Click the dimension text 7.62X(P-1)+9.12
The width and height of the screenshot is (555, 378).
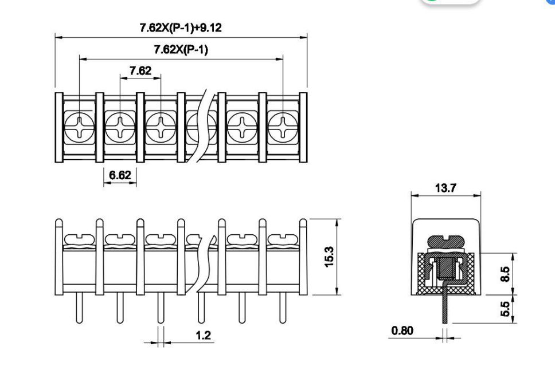(181, 27)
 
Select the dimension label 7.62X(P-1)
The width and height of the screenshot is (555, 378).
(181, 49)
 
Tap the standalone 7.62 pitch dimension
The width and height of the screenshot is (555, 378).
(140, 70)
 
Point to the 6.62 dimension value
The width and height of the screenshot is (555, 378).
(120, 175)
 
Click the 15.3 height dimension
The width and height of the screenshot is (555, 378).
(329, 257)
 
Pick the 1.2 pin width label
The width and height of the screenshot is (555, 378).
(203, 335)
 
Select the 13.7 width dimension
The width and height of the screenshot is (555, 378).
(445, 188)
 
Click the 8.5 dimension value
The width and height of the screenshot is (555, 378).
(505, 274)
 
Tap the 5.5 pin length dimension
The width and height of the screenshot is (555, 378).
(506, 309)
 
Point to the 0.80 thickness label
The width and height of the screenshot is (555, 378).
(402, 330)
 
